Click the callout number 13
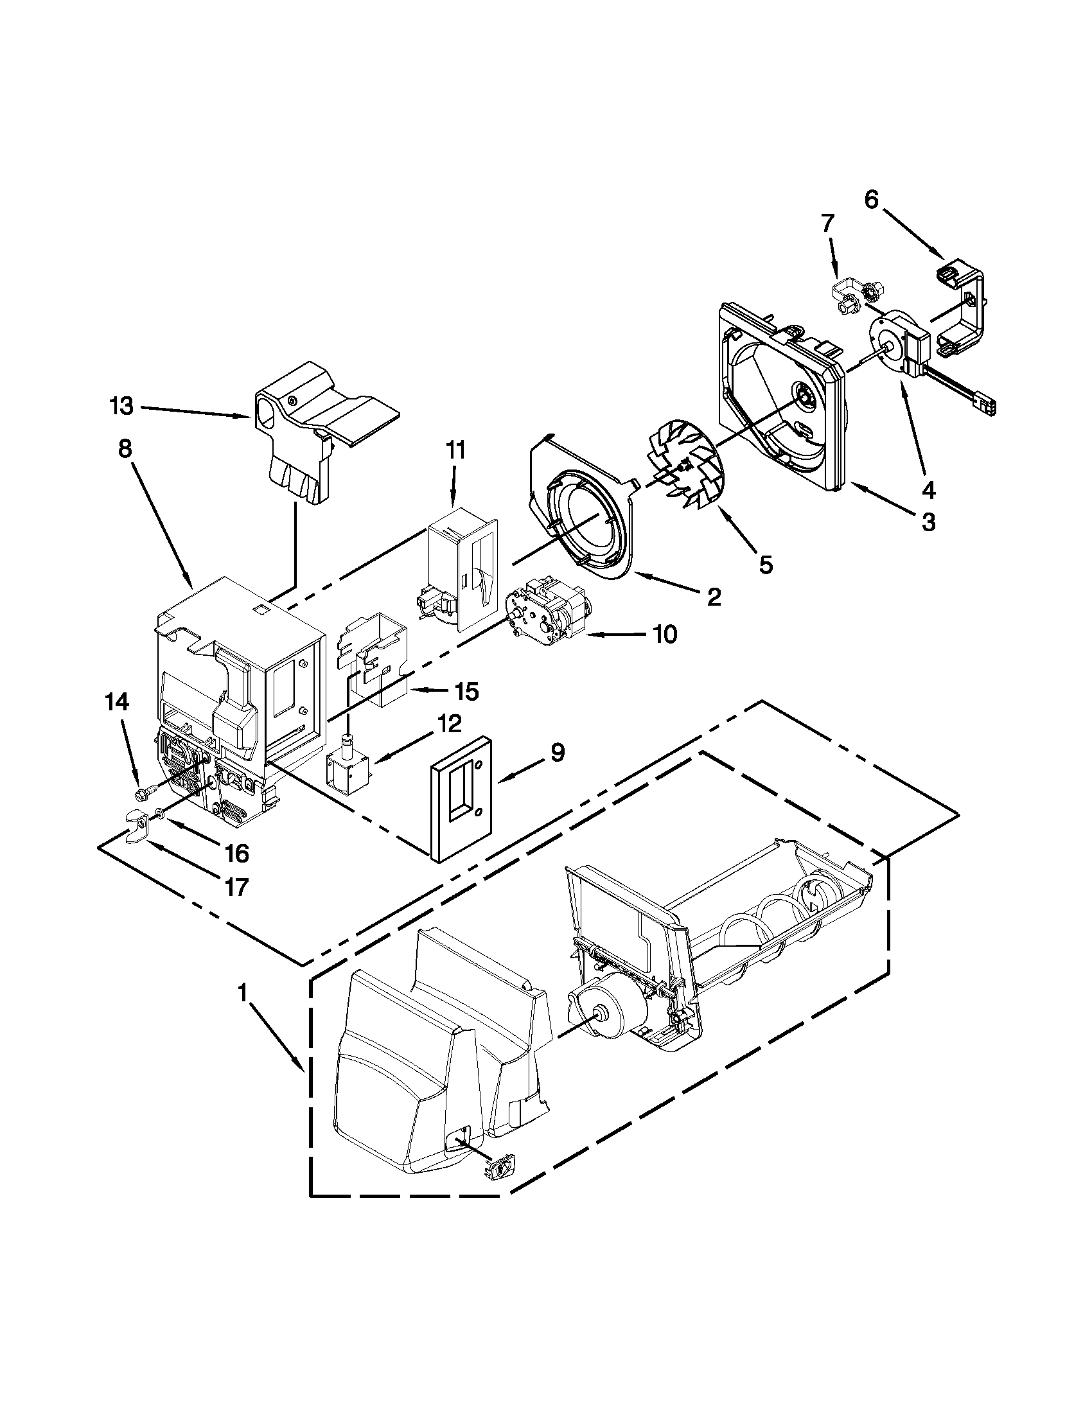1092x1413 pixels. [121, 407]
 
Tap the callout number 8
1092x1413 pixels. [125, 449]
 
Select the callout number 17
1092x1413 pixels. [238, 887]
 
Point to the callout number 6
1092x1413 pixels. [872, 200]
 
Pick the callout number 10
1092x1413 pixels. [664, 635]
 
